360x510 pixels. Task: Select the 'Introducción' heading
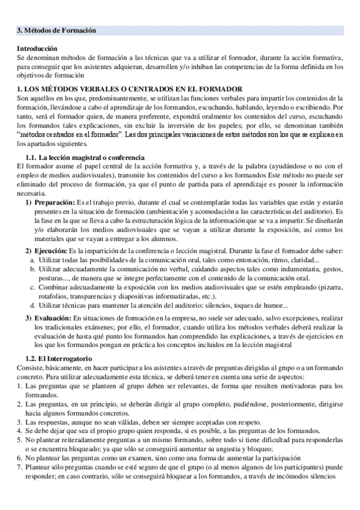[x=37, y=48]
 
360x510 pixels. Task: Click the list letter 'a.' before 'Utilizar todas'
[x=32, y=259]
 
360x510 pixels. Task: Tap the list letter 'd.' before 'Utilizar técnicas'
[x=32, y=306]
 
